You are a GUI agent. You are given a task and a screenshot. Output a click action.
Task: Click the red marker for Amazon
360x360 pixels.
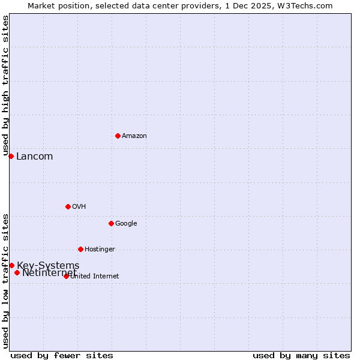point(118,136)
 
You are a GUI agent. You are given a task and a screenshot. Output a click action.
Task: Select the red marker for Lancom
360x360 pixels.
point(11,156)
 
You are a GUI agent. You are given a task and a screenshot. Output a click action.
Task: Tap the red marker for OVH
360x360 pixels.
point(68,206)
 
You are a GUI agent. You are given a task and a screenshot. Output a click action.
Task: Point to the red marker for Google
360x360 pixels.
point(111,223)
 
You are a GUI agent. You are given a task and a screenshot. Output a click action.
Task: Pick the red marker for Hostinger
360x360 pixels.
point(80,249)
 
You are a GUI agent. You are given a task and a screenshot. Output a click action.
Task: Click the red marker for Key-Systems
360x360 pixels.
point(11,265)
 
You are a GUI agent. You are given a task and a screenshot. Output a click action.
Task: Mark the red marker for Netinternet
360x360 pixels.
point(17,273)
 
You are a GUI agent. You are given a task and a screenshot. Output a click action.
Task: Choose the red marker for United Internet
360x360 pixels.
point(66,276)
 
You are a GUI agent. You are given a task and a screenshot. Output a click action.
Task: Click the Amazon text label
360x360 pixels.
point(134,136)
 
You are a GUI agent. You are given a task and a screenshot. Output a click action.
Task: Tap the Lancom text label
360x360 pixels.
point(34,157)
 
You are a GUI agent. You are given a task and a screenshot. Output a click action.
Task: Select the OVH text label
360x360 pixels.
point(79,207)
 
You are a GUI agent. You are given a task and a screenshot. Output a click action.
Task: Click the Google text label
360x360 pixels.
point(126,224)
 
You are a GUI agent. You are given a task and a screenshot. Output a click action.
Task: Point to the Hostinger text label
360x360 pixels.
point(100,250)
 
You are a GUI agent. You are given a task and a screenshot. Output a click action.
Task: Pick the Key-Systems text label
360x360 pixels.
point(48,266)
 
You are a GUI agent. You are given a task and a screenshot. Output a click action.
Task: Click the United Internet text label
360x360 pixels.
point(95,277)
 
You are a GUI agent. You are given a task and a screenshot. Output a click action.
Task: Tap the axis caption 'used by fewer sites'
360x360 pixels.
point(62,356)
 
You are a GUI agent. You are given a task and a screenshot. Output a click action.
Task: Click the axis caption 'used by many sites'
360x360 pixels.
point(301,356)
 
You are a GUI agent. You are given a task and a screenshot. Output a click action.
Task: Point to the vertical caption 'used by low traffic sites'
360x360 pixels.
point(5,281)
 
